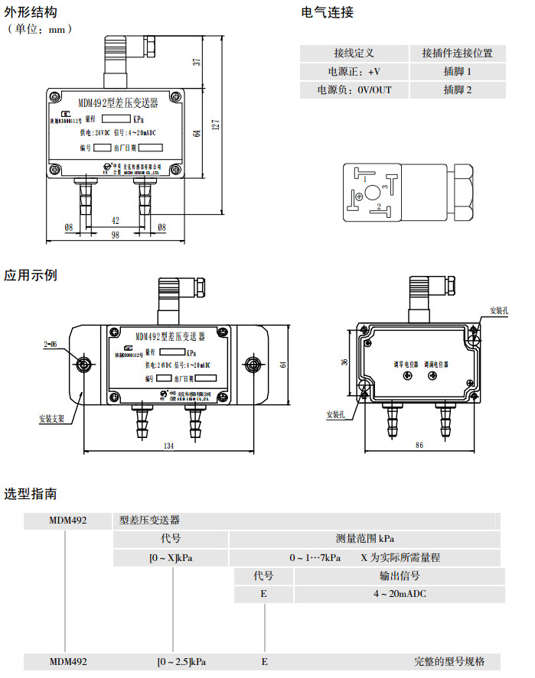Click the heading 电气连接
(328, 12)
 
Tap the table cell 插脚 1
(458, 71)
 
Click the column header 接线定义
(354, 53)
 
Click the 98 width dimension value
(116, 235)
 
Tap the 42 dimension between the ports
(116, 220)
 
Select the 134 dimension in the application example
(169, 446)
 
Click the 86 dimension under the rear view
(419, 444)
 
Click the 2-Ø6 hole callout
(51, 345)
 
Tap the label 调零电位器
(406, 364)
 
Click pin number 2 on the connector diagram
(378, 207)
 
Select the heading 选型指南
(30, 494)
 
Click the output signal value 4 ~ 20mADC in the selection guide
(399, 594)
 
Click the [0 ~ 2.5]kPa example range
(181, 662)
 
